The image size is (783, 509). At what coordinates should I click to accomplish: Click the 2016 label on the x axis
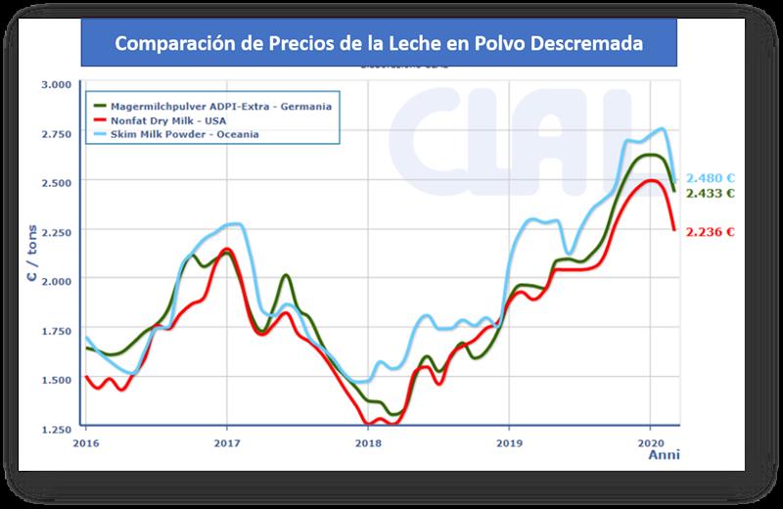click(86, 442)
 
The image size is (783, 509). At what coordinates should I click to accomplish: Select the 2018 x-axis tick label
click(368, 442)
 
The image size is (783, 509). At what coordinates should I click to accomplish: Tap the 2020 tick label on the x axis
click(651, 442)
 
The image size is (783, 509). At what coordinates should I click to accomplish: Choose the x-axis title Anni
click(665, 455)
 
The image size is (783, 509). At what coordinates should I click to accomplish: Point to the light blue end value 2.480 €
click(711, 178)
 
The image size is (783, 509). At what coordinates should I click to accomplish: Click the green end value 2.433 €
click(711, 194)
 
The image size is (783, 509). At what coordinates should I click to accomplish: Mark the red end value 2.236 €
click(711, 232)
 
